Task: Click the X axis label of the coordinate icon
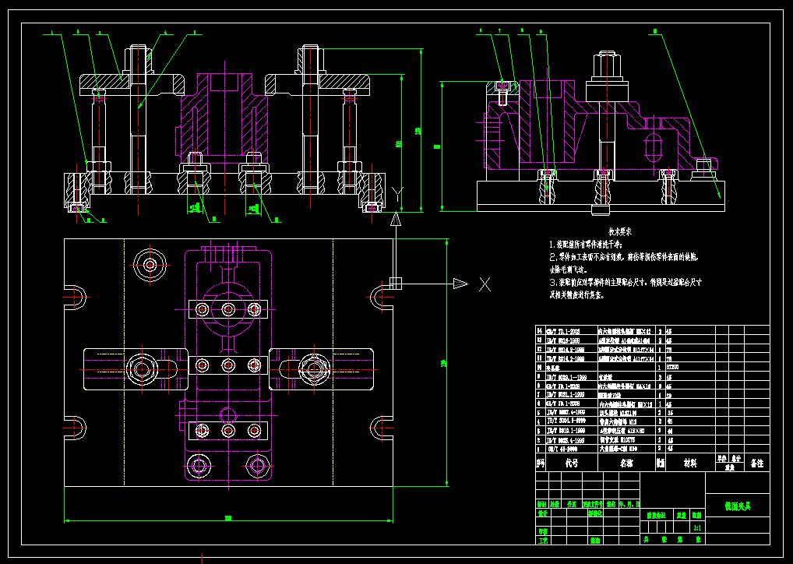(485, 284)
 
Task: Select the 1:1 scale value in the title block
(697, 527)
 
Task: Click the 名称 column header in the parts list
(626, 463)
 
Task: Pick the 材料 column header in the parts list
(689, 463)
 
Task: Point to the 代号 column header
(571, 463)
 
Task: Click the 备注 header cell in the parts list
(756, 463)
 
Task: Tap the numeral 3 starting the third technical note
(552, 282)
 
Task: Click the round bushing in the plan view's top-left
(150, 259)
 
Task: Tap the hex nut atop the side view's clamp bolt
(608, 66)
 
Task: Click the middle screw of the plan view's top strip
(228, 309)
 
